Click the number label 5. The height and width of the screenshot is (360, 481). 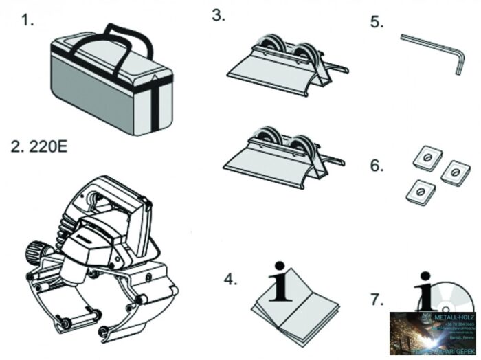[x=376, y=22]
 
